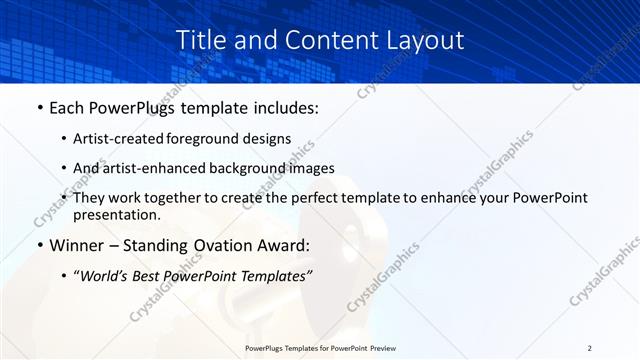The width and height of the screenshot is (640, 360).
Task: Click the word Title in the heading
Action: click(x=201, y=40)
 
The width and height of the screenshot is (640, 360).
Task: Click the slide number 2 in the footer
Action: click(x=590, y=348)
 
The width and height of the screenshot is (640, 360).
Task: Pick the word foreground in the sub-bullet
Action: click(x=207, y=139)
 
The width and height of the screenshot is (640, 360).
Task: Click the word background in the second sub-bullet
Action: click(x=262, y=169)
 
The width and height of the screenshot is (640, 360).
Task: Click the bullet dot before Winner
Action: click(x=38, y=245)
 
